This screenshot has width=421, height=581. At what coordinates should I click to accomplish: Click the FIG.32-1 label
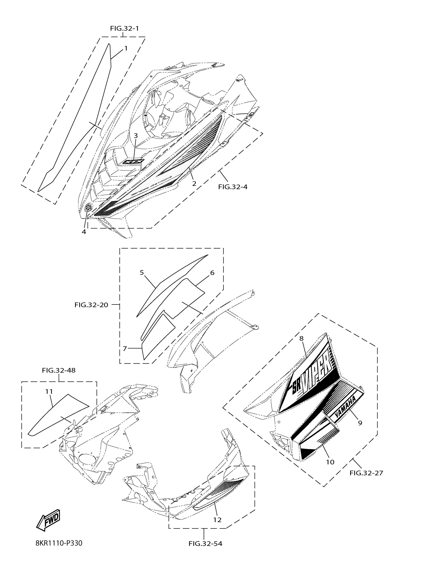125,28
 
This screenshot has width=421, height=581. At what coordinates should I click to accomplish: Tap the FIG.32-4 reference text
233,187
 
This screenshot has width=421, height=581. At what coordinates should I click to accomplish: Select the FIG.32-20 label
91,305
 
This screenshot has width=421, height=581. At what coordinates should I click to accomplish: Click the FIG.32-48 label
59,370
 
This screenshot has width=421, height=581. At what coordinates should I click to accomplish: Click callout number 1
126,48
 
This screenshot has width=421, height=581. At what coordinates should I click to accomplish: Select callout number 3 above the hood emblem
136,135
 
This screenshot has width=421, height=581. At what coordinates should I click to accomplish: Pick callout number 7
125,348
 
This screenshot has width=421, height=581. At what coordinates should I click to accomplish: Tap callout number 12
217,520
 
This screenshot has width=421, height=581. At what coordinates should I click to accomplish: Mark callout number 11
49,391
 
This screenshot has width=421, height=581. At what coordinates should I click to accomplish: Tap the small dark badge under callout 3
133,161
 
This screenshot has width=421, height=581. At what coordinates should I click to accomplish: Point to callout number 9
360,423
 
